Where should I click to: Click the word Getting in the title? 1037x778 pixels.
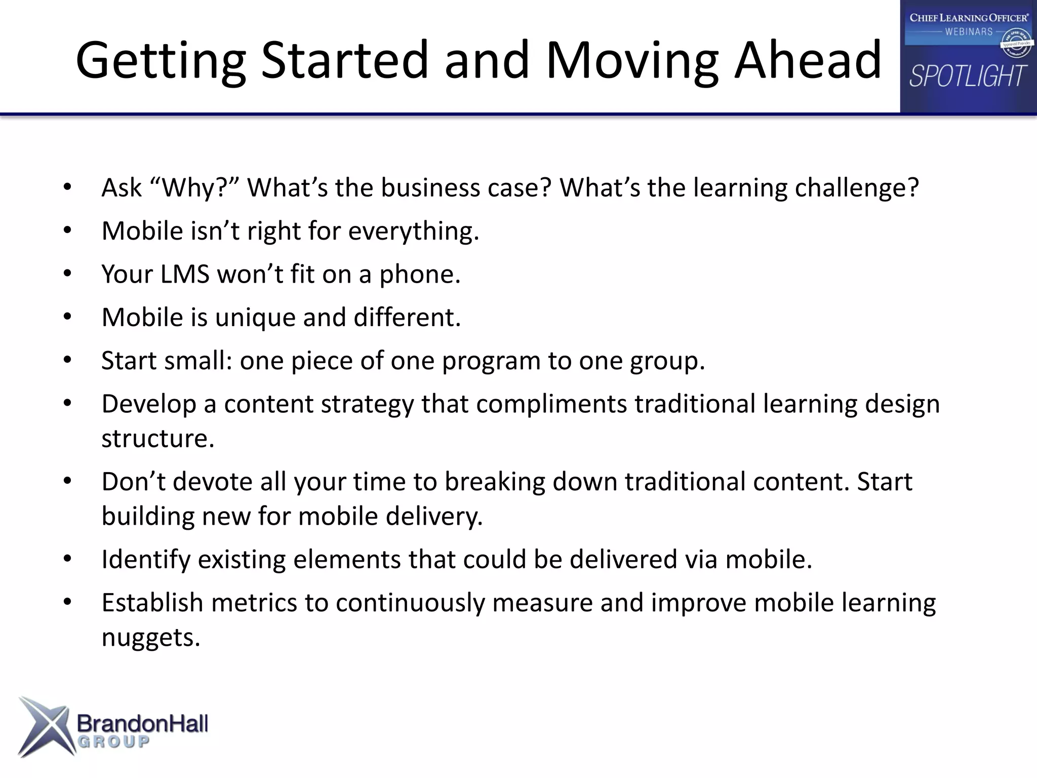pyautogui.click(x=161, y=62)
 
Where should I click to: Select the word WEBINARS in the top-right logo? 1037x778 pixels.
pyautogui.click(x=969, y=32)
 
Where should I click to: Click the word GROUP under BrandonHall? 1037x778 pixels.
pyautogui.click(x=113, y=743)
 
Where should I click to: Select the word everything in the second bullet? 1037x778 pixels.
pyautogui.click(x=412, y=231)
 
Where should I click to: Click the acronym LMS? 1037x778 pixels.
pyautogui.click(x=184, y=275)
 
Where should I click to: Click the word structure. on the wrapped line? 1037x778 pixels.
pyautogui.click(x=157, y=439)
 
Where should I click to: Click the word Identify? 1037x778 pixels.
pyautogui.click(x=145, y=560)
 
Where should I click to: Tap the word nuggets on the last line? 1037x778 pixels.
pyautogui.click(x=150, y=638)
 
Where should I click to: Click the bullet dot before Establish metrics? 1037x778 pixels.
pyautogui.click(x=68, y=603)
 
